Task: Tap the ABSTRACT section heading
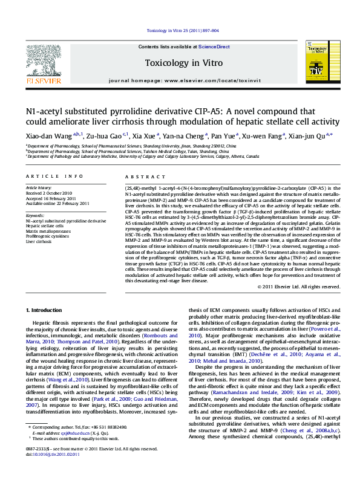[136, 176]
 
